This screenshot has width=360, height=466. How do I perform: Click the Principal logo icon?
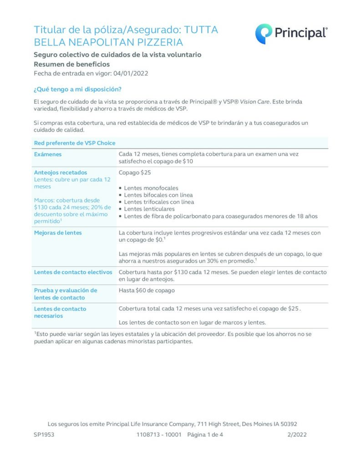[264, 34]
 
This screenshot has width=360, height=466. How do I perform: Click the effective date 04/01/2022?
[131, 73]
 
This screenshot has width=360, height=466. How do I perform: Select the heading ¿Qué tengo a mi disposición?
[77, 89]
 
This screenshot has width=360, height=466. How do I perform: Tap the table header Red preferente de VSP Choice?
[75, 143]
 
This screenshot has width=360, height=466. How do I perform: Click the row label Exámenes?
[48, 154]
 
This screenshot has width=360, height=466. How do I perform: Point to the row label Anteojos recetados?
[61, 172]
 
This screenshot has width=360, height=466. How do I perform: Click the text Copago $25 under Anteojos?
[135, 172]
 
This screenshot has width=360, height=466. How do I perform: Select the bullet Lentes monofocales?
[151, 188]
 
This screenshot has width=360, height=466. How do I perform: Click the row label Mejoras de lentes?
[57, 233]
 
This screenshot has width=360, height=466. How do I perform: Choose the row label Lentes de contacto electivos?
[73, 272]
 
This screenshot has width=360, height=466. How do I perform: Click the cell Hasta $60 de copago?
[147, 290]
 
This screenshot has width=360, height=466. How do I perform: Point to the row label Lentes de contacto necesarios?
[60, 312]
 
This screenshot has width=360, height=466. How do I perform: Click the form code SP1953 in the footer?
[44, 435]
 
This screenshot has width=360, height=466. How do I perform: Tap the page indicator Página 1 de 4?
[205, 435]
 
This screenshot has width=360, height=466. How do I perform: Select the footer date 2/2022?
[297, 435]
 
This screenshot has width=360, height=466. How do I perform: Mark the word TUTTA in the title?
[201, 30]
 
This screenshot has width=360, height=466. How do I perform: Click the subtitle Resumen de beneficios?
[71, 64]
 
